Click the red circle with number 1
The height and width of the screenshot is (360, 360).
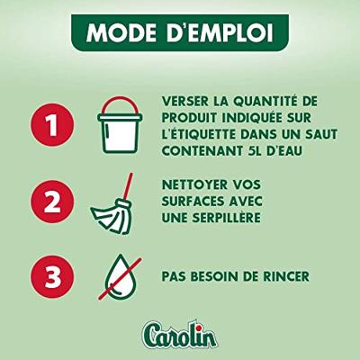[x=52, y=125]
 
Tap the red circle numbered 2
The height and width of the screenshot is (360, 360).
[x=52, y=202]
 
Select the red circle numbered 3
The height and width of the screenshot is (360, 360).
[x=52, y=276]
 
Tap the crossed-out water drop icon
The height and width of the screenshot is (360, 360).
[x=119, y=276]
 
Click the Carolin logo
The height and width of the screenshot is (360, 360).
[x=180, y=334]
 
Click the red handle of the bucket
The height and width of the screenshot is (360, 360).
[x=120, y=106]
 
